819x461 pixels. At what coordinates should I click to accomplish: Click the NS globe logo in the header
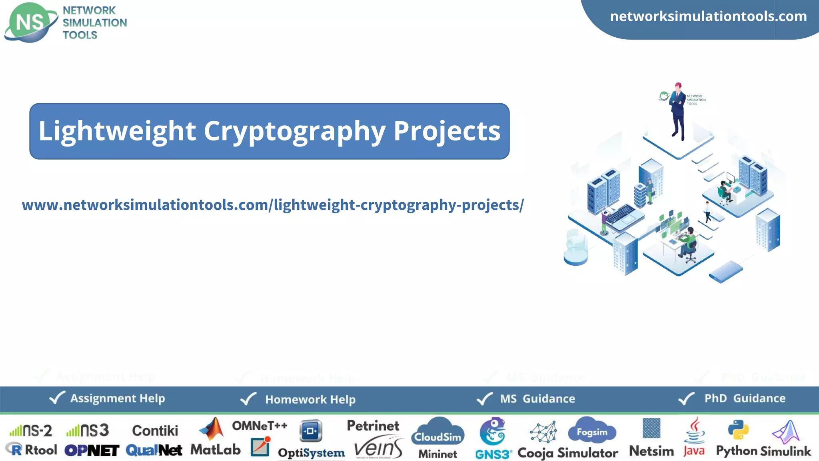pyautogui.click(x=30, y=22)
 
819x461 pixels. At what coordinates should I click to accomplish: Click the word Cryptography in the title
pyautogui.click(x=294, y=131)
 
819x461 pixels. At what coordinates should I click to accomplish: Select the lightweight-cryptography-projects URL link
pyautogui.click(x=273, y=205)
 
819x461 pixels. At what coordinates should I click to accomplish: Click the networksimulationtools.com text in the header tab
pyautogui.click(x=708, y=16)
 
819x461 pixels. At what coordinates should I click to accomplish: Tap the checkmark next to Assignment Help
pyautogui.click(x=57, y=398)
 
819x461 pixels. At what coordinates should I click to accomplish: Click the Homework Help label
pyautogui.click(x=310, y=399)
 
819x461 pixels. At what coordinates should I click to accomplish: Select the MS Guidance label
pyautogui.click(x=537, y=399)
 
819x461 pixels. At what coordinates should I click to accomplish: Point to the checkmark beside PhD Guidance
pyautogui.click(x=686, y=398)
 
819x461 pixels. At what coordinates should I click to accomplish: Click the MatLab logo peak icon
pyautogui.click(x=212, y=429)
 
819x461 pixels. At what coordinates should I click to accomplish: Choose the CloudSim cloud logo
pyautogui.click(x=438, y=432)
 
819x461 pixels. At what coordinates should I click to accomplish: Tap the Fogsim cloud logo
pyautogui.click(x=592, y=431)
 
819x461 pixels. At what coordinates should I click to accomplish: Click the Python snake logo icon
pyautogui.click(x=738, y=430)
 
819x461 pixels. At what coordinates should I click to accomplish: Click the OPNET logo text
pyautogui.click(x=92, y=451)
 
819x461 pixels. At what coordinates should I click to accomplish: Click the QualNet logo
pyautogui.click(x=154, y=450)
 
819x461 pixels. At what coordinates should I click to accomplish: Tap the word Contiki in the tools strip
pyautogui.click(x=155, y=431)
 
